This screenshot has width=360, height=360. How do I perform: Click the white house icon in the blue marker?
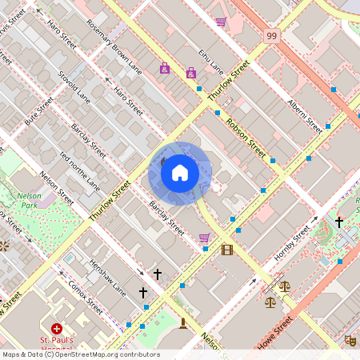[180, 173]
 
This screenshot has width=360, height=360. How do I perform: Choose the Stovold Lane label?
[74, 86]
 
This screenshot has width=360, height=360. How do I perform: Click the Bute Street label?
[38, 110]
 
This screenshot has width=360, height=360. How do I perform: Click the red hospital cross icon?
[57, 329]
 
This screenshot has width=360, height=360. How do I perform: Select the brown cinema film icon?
[227, 250]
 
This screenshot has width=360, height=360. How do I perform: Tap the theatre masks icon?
[350, 339]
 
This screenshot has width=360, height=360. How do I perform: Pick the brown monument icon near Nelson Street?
[183, 323]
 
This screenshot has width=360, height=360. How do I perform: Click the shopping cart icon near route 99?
[221, 22]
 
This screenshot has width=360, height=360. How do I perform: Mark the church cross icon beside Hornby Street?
[339, 221]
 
